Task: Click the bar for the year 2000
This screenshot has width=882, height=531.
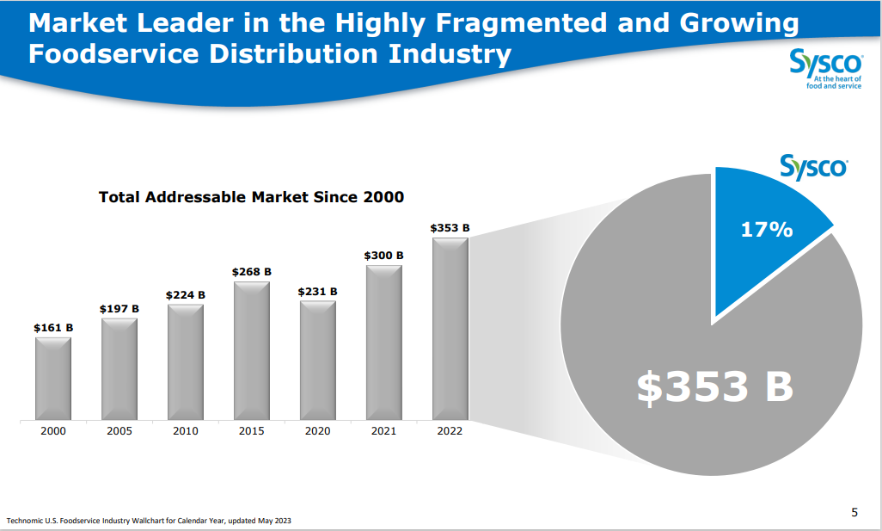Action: pos(53,379)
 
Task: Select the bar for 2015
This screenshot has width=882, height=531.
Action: pos(252,351)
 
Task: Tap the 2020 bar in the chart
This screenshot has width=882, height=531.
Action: pos(318,361)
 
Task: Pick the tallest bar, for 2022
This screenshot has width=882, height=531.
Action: pos(450,329)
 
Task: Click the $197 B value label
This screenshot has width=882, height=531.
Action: pos(119,308)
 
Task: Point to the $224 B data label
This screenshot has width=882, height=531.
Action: pos(186,294)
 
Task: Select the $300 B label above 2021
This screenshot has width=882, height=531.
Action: pos(383,255)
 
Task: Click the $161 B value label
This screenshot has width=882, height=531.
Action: pos(53,327)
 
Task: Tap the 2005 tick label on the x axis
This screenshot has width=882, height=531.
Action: pos(119,431)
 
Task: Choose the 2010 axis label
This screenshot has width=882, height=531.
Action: pos(186,431)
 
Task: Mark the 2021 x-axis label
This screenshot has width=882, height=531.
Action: pos(383,431)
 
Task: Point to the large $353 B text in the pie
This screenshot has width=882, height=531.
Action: pos(714,387)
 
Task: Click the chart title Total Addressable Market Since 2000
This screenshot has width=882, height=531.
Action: pos(251,197)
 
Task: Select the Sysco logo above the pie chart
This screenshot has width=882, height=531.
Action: pos(812,166)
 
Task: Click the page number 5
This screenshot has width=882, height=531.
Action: pos(854,513)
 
